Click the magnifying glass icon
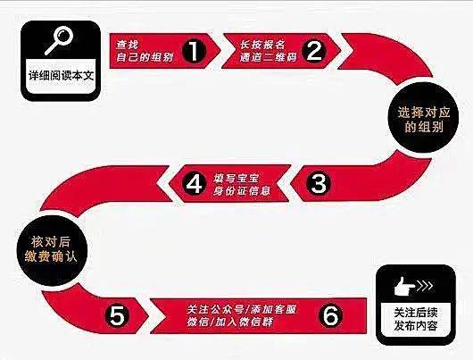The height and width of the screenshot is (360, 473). [x=59, y=40]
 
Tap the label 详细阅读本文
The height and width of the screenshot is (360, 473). [x=62, y=75]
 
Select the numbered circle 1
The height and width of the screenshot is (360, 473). [x=194, y=50]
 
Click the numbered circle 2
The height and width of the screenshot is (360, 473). [x=314, y=50]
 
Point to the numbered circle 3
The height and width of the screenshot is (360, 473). [x=319, y=183]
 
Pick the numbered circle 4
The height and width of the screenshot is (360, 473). [x=194, y=183]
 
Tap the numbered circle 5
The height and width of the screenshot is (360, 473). [x=117, y=315]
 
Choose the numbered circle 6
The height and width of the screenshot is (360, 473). [x=331, y=315]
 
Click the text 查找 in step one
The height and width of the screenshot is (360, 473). [x=127, y=45]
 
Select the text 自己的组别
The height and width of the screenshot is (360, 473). [x=145, y=57]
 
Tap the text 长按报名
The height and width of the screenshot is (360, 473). [x=262, y=45]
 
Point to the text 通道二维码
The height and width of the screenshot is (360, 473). [x=268, y=57]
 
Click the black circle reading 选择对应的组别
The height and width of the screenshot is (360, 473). [x=423, y=119]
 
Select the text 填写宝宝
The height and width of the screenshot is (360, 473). [x=236, y=178]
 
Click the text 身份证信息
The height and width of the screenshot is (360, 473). [x=242, y=191]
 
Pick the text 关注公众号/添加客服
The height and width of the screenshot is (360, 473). [x=241, y=309]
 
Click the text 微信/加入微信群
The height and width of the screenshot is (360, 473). [x=230, y=322]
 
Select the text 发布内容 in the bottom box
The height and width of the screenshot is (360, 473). [x=416, y=326]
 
